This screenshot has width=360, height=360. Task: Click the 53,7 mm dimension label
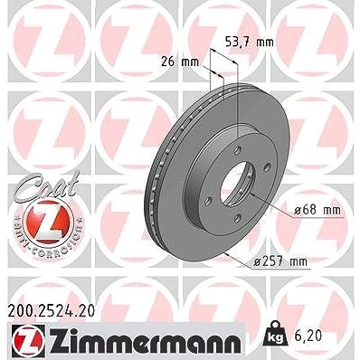point(250,43)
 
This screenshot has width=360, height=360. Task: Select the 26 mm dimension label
point(180,62)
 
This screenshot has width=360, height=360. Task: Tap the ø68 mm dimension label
point(317,210)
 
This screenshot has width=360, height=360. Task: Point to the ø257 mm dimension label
point(280,261)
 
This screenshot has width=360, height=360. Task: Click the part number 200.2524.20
point(52,311)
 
